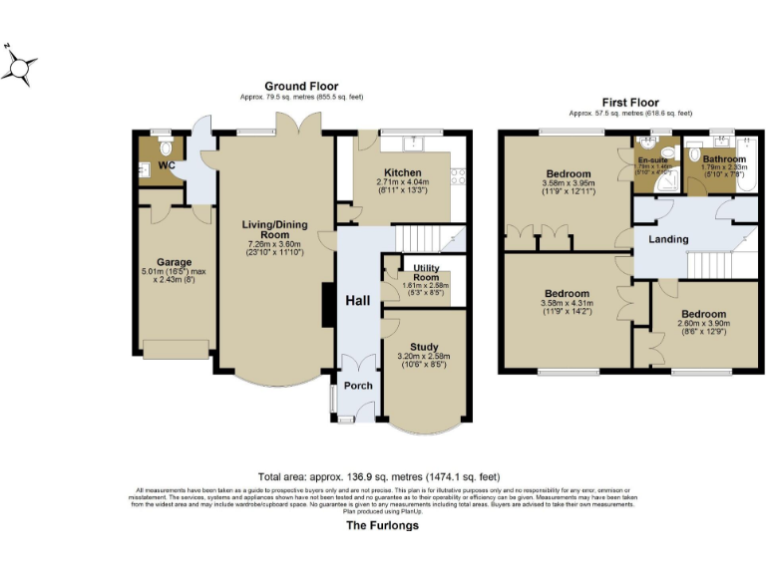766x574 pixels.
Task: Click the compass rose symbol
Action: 20,66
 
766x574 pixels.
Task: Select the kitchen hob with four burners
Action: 460,177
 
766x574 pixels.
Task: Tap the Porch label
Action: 357,386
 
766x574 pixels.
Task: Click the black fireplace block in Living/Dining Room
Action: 326,304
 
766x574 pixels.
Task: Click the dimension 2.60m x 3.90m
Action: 703,323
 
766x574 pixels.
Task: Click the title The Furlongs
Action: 382,525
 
